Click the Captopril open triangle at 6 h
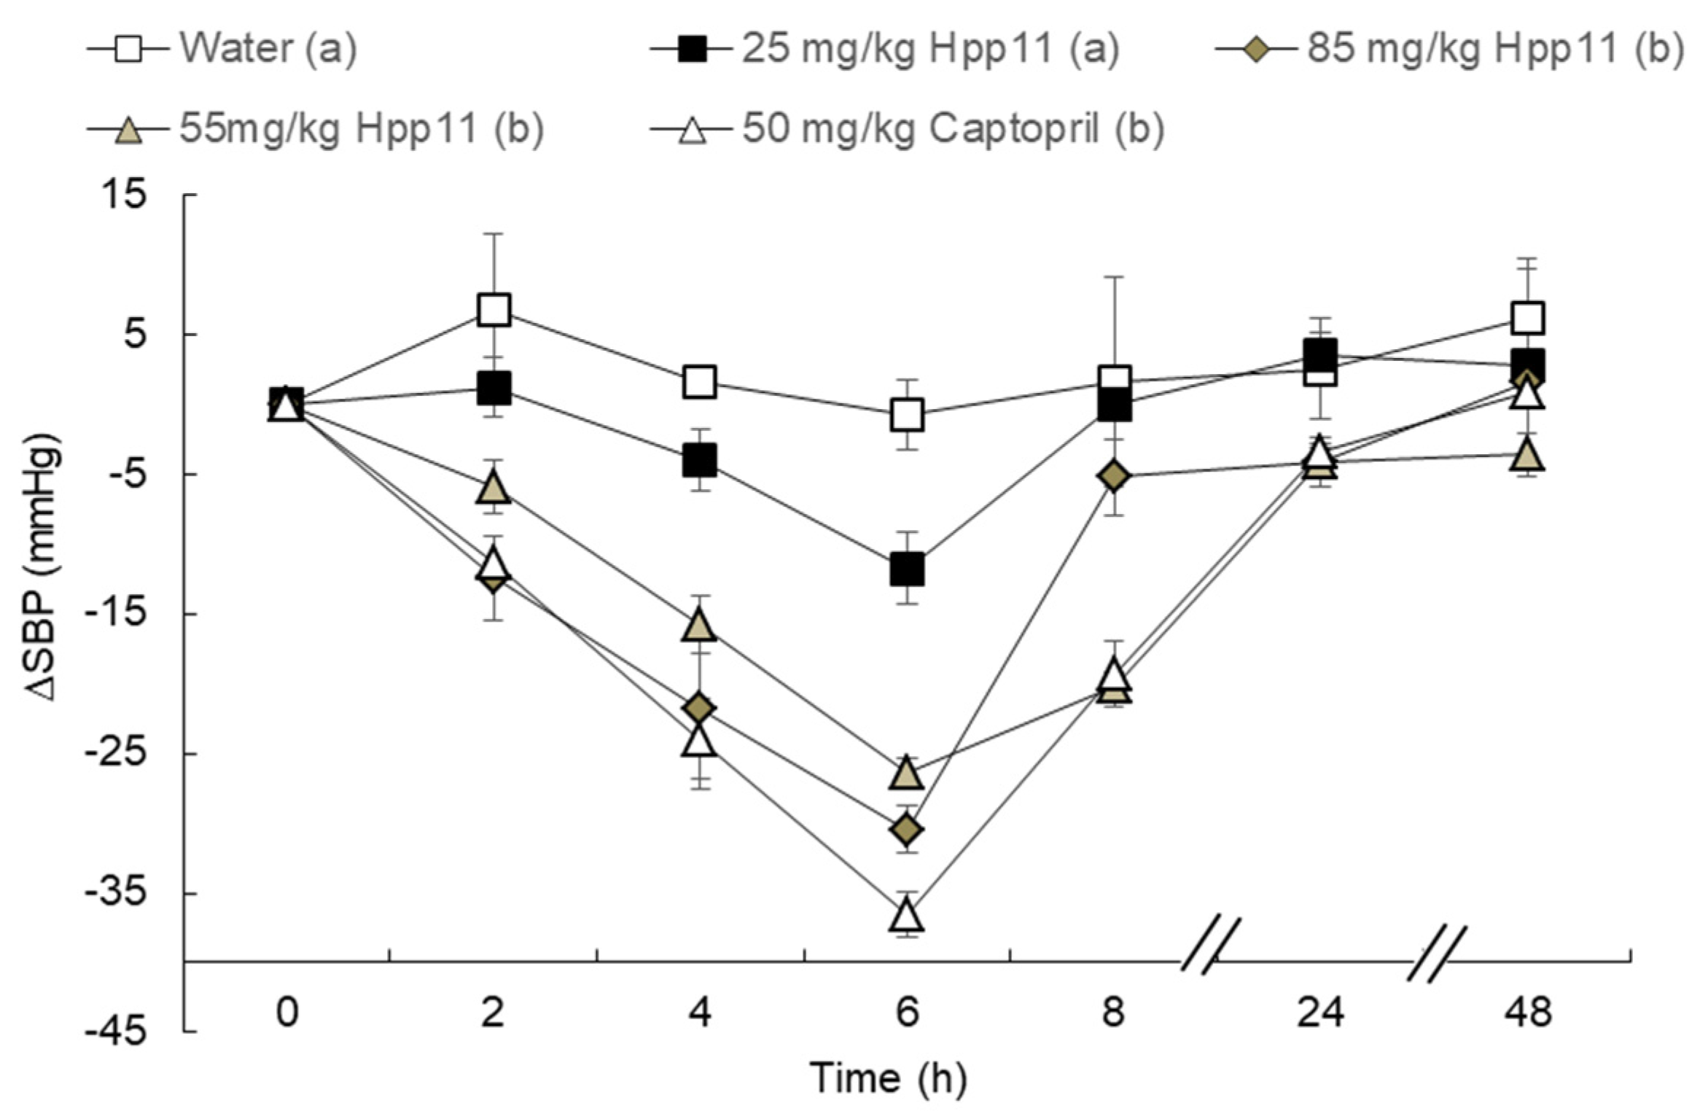906,916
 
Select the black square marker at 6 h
907,569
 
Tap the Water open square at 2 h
494,310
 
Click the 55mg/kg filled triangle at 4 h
699,626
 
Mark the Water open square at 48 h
1527,318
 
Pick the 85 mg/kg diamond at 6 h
907,830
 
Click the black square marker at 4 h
699,461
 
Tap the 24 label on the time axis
1319,1013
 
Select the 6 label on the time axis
906,1013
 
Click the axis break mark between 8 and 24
1210,946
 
